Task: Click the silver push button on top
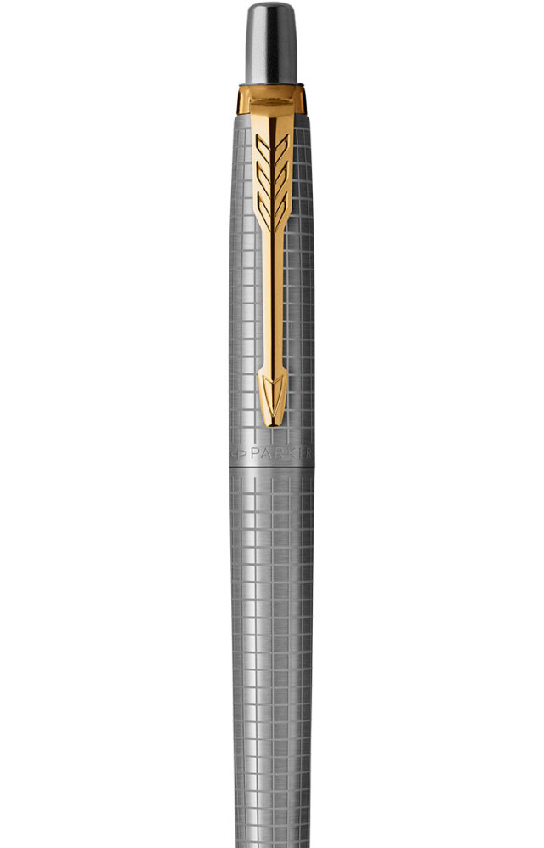271,43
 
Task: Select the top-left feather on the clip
263,148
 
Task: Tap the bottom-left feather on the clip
264,208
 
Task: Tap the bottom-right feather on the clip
280,208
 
